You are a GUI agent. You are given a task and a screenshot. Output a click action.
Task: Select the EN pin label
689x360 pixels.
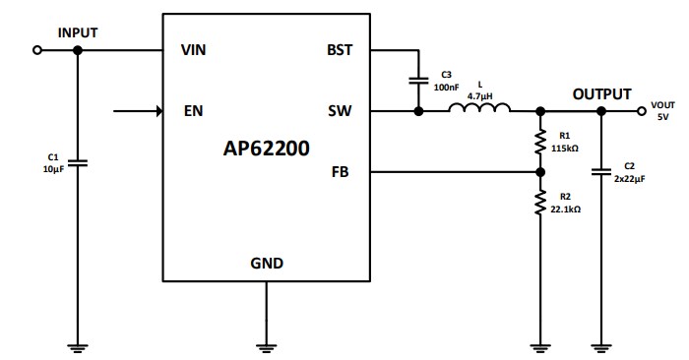(x=194, y=111)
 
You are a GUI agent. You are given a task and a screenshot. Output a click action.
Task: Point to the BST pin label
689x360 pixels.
(x=340, y=50)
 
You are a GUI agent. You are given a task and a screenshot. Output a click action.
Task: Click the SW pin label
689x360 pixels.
(x=341, y=111)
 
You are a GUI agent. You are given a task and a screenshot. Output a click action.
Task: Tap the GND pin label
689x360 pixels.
(x=267, y=263)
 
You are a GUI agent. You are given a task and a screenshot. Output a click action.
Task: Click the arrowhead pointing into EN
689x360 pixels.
(x=157, y=111)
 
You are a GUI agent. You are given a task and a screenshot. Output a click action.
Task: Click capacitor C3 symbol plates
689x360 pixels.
(x=418, y=80)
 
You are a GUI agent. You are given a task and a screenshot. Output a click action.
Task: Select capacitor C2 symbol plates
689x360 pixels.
(x=600, y=171)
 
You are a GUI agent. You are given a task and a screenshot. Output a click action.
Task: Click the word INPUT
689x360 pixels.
(x=78, y=31)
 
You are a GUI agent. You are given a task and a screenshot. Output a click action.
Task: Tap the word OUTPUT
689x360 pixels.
(x=601, y=93)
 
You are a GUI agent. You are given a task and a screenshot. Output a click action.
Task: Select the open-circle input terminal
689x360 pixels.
(x=37, y=50)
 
